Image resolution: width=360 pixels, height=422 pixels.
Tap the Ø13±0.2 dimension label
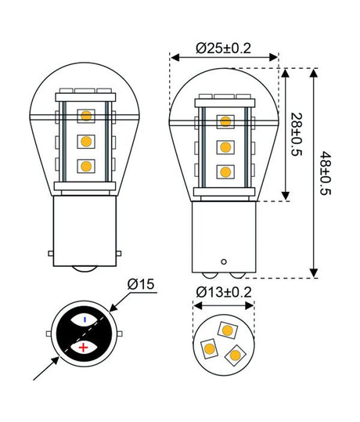point(224,292)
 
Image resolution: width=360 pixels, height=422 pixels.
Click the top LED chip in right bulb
point(225,121)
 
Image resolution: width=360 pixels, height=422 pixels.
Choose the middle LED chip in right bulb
point(225,146)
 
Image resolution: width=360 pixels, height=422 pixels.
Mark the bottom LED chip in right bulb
point(225,171)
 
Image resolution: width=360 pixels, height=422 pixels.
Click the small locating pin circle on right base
point(225,261)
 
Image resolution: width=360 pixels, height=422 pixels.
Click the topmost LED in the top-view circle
point(227,330)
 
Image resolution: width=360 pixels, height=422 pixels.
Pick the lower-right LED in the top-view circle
point(233,355)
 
